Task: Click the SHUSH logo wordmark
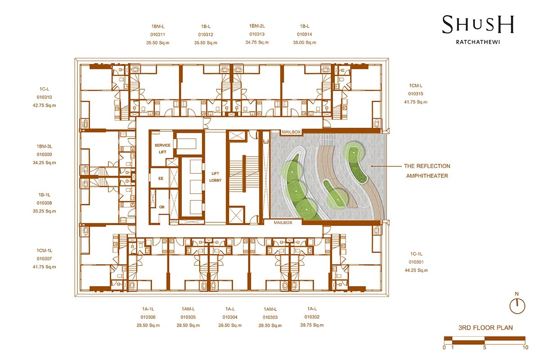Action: pyautogui.click(x=478, y=25)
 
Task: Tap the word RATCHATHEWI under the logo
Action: pyautogui.click(x=478, y=42)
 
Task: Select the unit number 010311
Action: pyautogui.click(x=157, y=35)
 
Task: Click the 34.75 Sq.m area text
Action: pyautogui.click(x=257, y=42)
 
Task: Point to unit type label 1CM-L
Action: pyautogui.click(x=416, y=85)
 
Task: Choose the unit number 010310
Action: pyautogui.click(x=45, y=97)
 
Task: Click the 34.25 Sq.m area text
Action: pyautogui.click(x=45, y=163)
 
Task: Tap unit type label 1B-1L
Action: pyautogui.click(x=45, y=195)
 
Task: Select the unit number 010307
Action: pyautogui.click(x=45, y=259)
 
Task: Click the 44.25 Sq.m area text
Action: pyautogui.click(x=416, y=270)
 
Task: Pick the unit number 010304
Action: pyautogui.click(x=230, y=317)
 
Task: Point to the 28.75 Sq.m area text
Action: pyautogui.click(x=312, y=325)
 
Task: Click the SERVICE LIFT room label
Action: pyautogui.click(x=162, y=148)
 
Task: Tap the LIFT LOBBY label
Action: pyautogui.click(x=215, y=177)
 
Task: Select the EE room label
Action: pyautogui.click(x=161, y=179)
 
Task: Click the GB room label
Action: pyautogui.click(x=162, y=207)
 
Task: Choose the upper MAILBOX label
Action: pyautogui.click(x=292, y=132)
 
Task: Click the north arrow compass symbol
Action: pyautogui.click(x=517, y=306)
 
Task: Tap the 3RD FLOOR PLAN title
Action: pyautogui.click(x=486, y=328)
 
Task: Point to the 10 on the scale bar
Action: pyautogui.click(x=526, y=347)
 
